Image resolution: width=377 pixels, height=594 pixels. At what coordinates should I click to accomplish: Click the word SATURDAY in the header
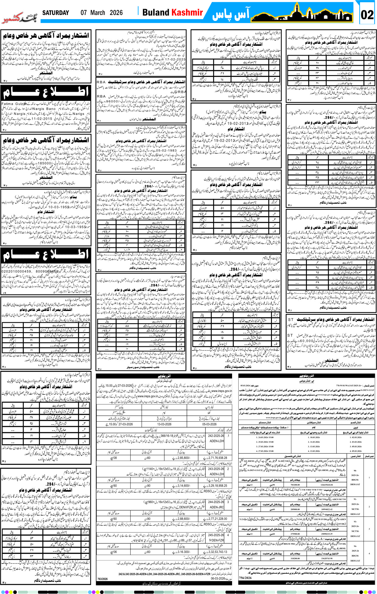pos(55,13)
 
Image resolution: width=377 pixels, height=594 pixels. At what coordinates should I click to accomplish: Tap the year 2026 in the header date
pos(116,13)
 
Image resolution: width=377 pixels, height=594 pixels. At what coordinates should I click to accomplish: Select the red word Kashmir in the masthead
pos(187,13)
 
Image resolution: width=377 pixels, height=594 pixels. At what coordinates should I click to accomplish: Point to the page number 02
pos(367,15)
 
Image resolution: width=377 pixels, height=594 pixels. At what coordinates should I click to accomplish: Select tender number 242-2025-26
pos(216,436)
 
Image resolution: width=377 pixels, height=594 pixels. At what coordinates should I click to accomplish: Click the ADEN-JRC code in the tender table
pos(216,507)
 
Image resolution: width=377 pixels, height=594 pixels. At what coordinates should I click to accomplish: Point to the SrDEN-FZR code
pos(216,541)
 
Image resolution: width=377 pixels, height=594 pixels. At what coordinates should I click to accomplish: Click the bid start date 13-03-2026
pos(164,424)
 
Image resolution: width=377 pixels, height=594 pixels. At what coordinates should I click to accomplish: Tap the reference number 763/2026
pos(102,579)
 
